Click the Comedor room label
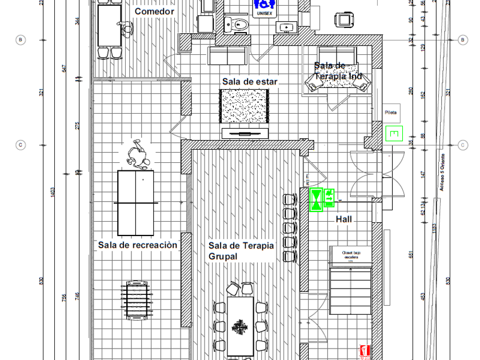(154, 11)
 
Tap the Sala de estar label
(250, 82)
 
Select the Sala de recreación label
(138, 245)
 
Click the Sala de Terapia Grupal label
(241, 251)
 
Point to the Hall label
(344, 219)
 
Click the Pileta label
(391, 113)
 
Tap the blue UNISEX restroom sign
(265, 7)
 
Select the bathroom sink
(285, 26)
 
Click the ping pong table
(136, 203)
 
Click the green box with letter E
(394, 134)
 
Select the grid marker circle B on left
(21, 40)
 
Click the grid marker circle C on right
(463, 145)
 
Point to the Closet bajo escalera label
(350, 255)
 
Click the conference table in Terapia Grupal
(241, 325)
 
